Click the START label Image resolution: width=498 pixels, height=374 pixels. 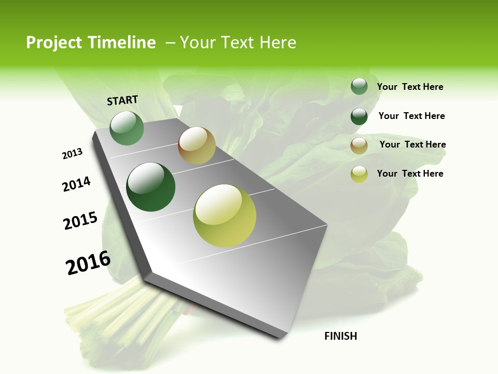(x=122, y=100)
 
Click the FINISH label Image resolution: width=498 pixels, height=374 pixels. (x=340, y=336)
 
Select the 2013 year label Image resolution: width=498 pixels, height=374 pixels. (x=72, y=154)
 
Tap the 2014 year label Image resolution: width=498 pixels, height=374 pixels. (x=76, y=184)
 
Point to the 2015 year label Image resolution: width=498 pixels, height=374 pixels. (x=80, y=221)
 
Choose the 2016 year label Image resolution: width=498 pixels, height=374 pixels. (x=88, y=263)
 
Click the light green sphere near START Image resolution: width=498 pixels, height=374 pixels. (x=127, y=128)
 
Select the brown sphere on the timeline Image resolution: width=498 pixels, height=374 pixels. (x=197, y=145)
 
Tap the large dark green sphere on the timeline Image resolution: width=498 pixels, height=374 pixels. (x=151, y=187)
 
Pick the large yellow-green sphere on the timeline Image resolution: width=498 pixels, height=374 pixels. (x=225, y=216)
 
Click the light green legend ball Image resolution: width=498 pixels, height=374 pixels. (x=359, y=87)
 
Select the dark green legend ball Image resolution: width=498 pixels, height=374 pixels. (x=359, y=116)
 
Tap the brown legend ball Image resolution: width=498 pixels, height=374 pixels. (x=359, y=145)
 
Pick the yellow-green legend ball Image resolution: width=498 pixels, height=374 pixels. (x=359, y=174)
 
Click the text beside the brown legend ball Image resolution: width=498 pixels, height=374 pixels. (x=412, y=144)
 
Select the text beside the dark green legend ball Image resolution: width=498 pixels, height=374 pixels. (x=411, y=116)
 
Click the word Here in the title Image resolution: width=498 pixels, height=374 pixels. (x=277, y=43)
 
